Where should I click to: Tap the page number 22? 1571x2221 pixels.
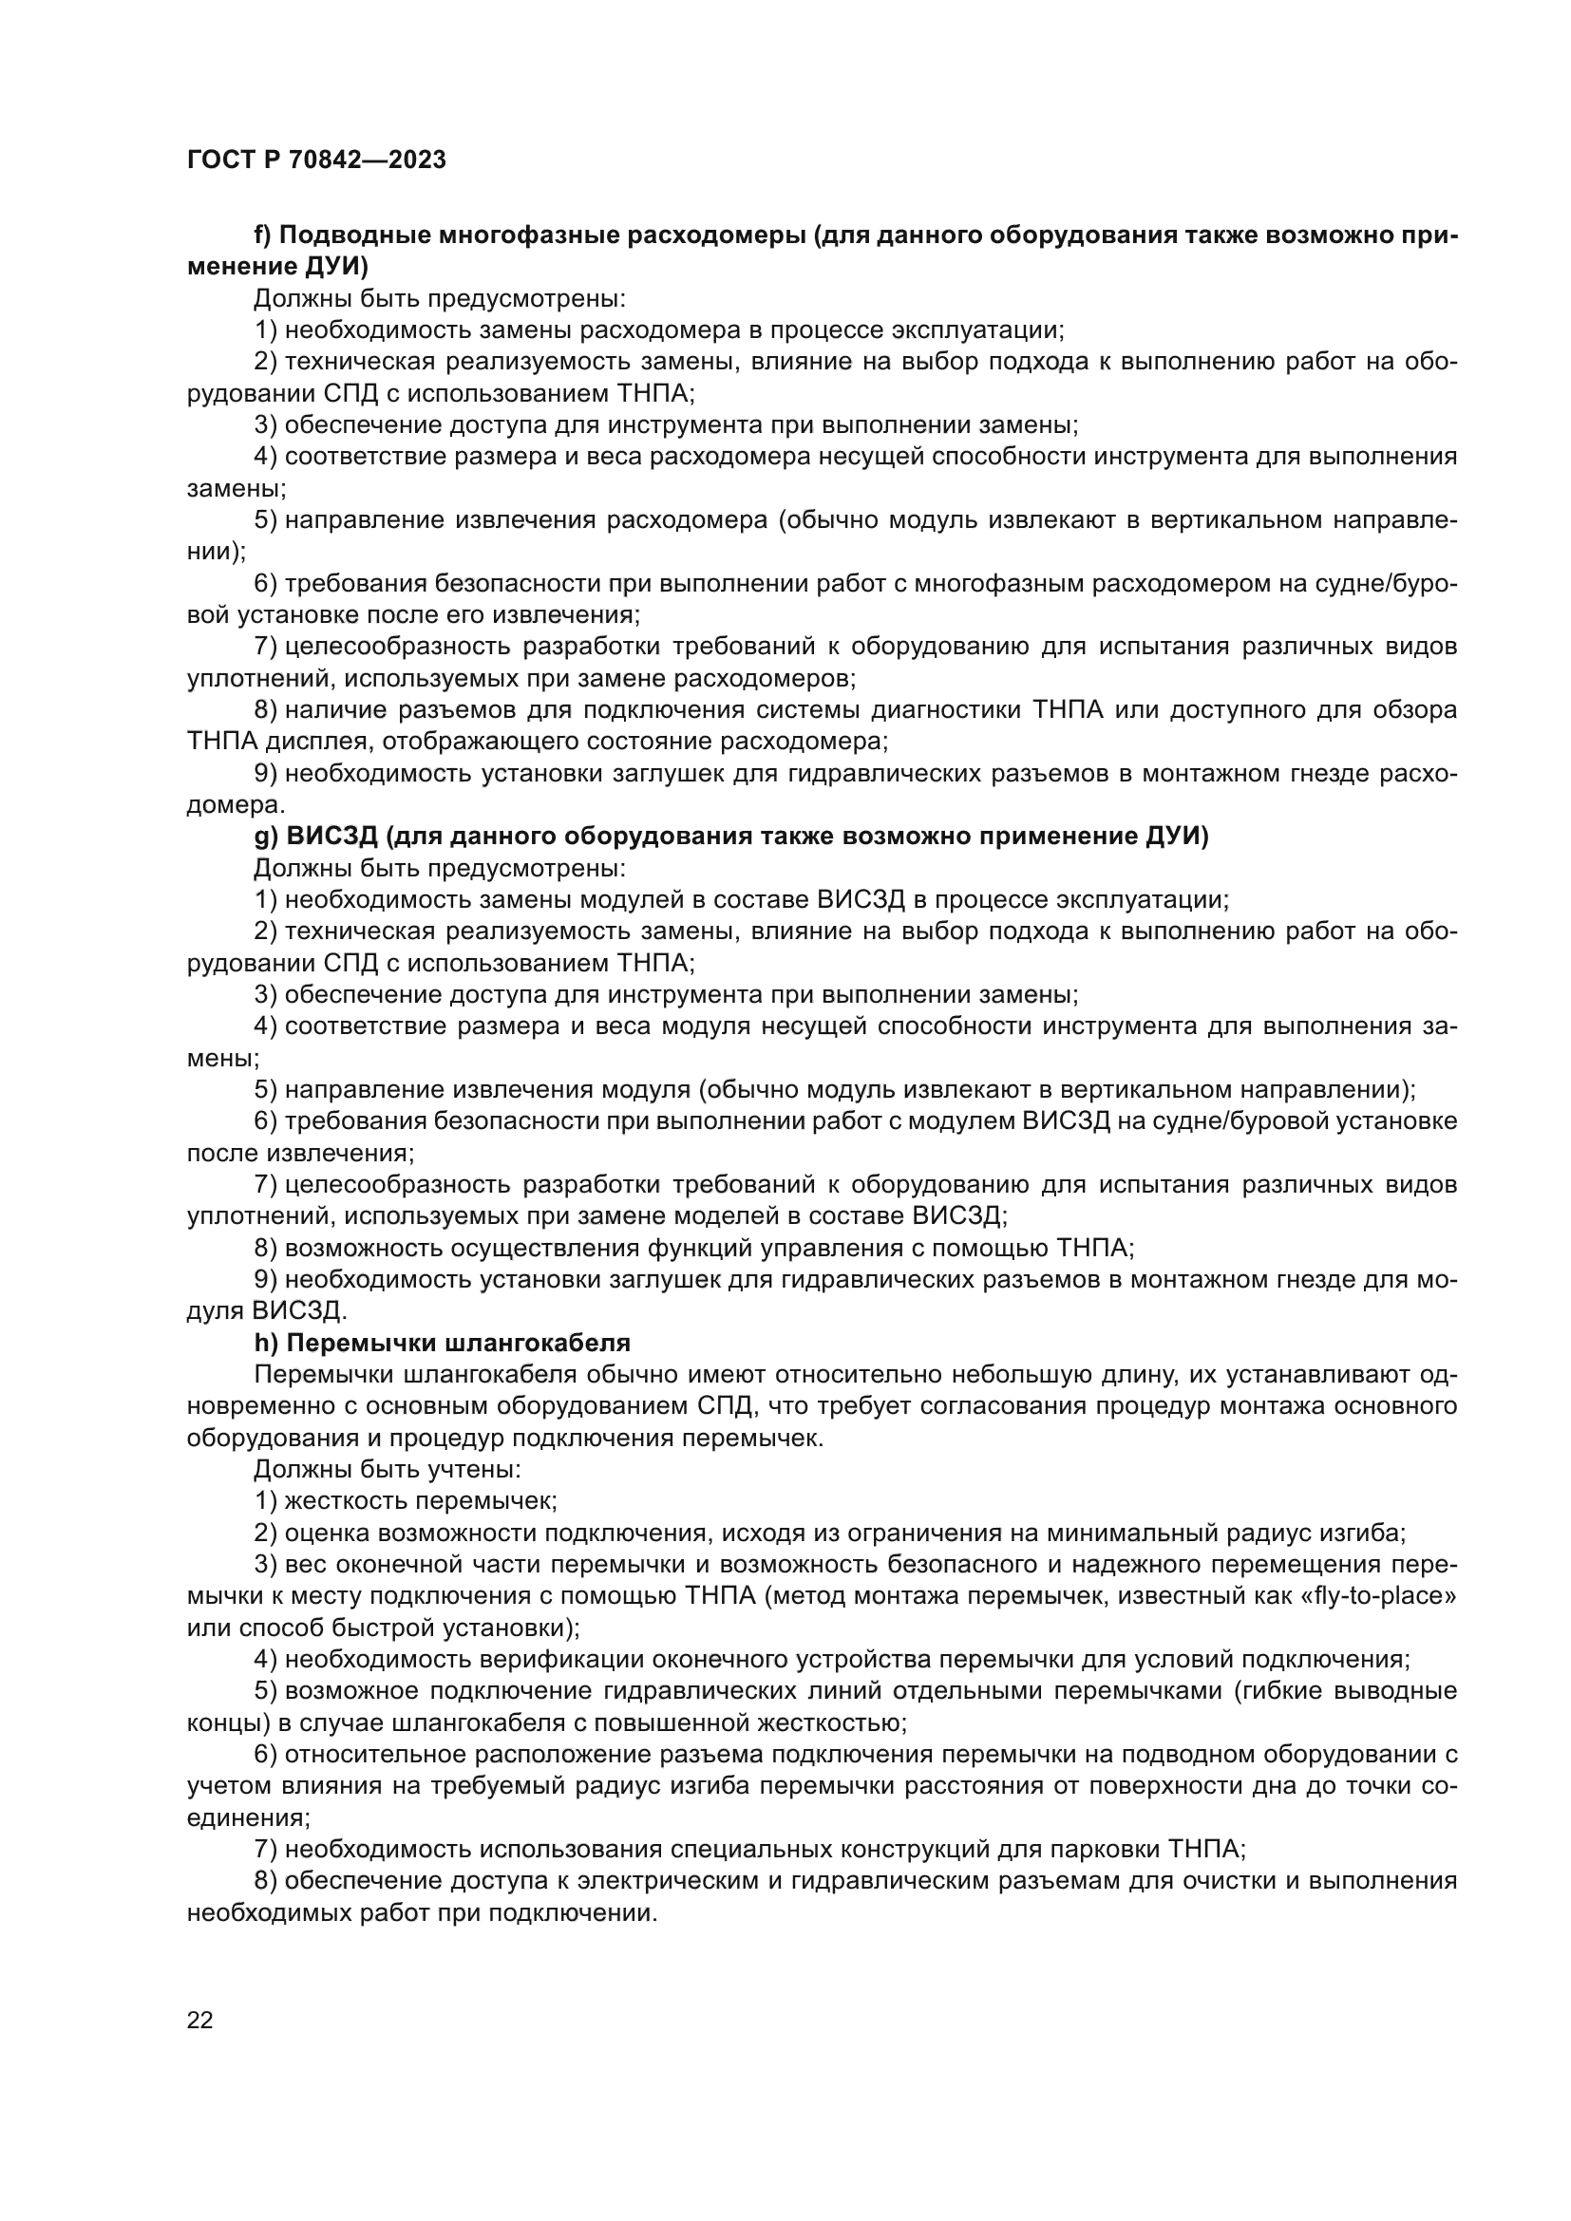coord(200,2020)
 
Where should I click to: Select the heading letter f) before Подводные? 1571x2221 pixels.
coord(263,236)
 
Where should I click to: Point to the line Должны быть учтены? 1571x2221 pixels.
coord(388,1469)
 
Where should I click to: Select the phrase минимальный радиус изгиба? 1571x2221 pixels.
coord(1224,1533)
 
